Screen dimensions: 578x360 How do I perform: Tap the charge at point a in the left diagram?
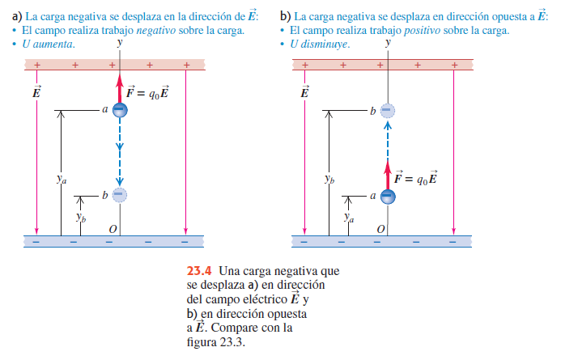[119, 110]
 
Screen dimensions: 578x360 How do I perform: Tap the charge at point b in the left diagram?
[119, 194]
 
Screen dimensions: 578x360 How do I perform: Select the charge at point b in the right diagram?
[388, 109]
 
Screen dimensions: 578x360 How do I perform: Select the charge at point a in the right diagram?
[388, 195]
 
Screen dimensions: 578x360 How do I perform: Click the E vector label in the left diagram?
[36, 91]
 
